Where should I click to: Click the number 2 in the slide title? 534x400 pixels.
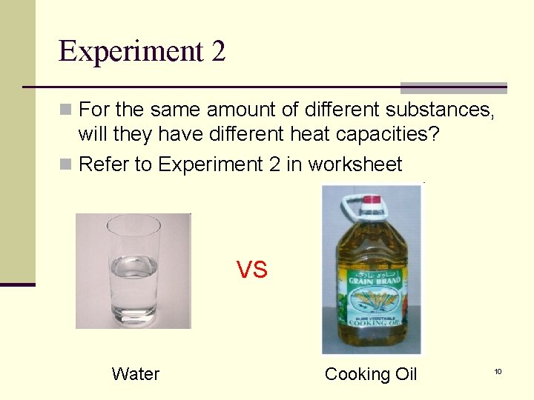pyautogui.click(x=218, y=51)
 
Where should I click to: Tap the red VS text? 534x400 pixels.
pyautogui.click(x=251, y=270)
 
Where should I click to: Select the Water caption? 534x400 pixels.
pyautogui.click(x=136, y=374)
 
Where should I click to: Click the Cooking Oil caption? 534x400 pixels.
pyautogui.click(x=371, y=374)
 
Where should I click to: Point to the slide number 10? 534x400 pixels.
pyautogui.click(x=498, y=370)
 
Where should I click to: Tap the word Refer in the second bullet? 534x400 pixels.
pyautogui.click(x=102, y=164)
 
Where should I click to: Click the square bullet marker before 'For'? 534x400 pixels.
pyautogui.click(x=65, y=110)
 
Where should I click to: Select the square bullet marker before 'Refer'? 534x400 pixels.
pyautogui.click(x=65, y=164)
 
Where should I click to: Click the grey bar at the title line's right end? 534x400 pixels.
pyautogui.click(x=453, y=87)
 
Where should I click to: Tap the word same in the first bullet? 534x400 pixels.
pyautogui.click(x=174, y=110)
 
